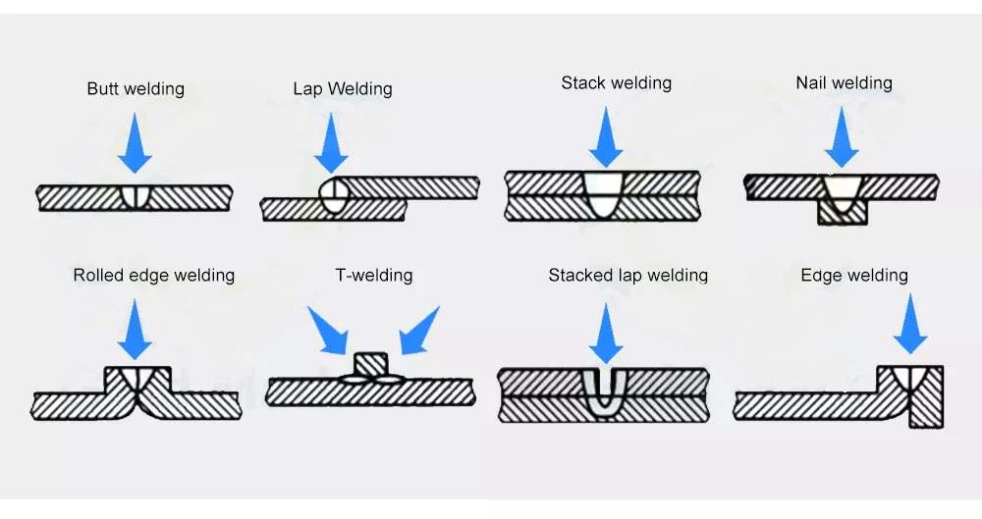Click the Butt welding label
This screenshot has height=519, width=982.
(x=136, y=88)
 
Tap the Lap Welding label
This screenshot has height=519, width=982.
(x=343, y=89)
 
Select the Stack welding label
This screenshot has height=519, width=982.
(x=617, y=83)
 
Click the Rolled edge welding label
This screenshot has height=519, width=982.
(x=154, y=276)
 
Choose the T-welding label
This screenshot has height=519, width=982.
(x=374, y=276)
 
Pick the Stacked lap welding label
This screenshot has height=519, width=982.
(x=628, y=276)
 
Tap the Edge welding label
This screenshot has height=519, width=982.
(x=854, y=276)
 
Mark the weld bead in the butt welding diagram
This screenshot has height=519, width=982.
(x=136, y=196)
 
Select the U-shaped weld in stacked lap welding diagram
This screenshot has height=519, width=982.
(x=605, y=390)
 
